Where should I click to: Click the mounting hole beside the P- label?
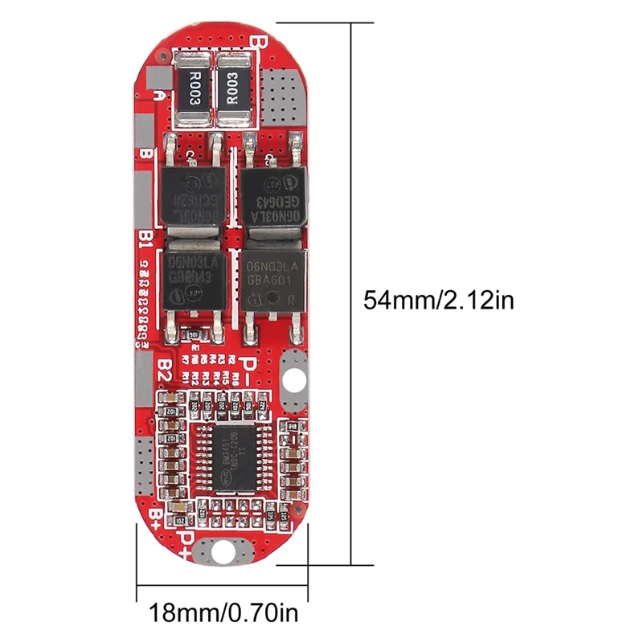[x=294, y=379]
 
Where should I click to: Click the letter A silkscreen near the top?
[x=162, y=95]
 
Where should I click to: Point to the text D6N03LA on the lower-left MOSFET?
[x=194, y=264]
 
